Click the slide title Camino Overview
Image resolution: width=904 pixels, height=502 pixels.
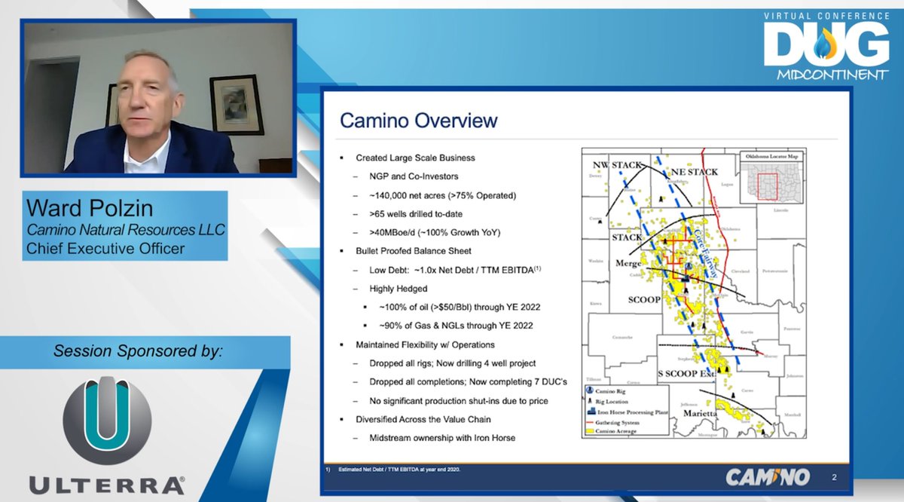(x=418, y=121)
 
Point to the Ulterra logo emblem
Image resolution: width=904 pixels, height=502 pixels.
(x=107, y=420)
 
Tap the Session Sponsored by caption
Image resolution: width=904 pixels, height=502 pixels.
(x=138, y=351)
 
